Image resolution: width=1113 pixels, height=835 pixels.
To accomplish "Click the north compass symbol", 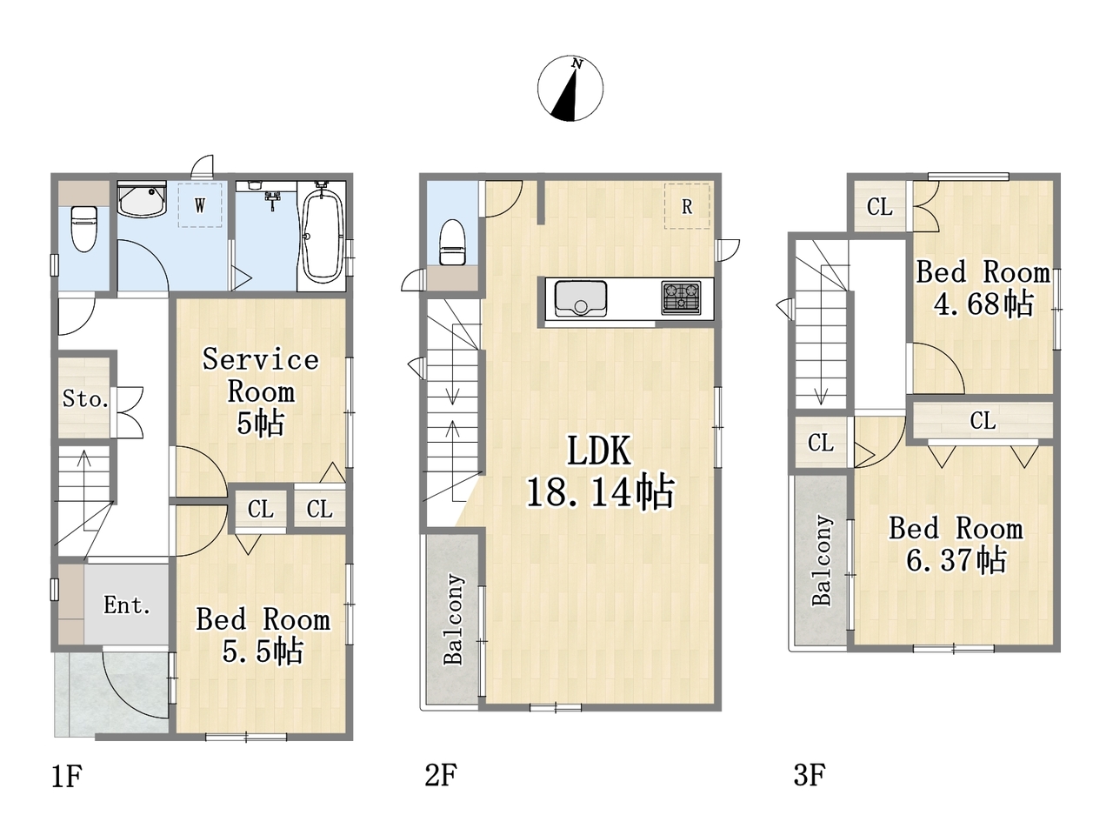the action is point(570,89).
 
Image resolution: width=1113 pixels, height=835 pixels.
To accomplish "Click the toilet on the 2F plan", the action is point(452,243).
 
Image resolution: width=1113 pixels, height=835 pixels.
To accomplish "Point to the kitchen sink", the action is point(581,298).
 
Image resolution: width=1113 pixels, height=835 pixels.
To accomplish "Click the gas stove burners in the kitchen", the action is point(681,297).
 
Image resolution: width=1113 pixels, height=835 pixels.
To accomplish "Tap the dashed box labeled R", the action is point(687,206).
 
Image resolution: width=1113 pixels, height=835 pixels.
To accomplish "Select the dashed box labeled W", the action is point(200,204).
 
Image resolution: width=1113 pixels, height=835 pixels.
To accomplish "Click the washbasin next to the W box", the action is point(142,199).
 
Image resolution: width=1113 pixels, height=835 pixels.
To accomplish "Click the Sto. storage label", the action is point(85,399).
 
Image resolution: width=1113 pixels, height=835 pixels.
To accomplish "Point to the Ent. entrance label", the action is point(127,605).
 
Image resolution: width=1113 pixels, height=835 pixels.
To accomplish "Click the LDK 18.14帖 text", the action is point(600,471).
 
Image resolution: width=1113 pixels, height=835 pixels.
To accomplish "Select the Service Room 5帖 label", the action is point(261,391).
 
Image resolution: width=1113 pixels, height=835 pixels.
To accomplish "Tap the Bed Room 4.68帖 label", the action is point(983,288).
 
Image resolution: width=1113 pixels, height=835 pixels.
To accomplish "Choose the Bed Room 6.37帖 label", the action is point(956,544).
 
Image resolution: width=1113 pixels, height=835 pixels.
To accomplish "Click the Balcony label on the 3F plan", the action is point(822,560).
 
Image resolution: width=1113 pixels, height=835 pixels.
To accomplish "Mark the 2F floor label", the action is point(441,775).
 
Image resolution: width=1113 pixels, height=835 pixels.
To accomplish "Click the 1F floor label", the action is point(67,776).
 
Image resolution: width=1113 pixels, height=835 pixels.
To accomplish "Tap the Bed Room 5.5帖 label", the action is point(263,635).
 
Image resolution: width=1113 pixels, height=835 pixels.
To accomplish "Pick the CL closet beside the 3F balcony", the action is point(821,442).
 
